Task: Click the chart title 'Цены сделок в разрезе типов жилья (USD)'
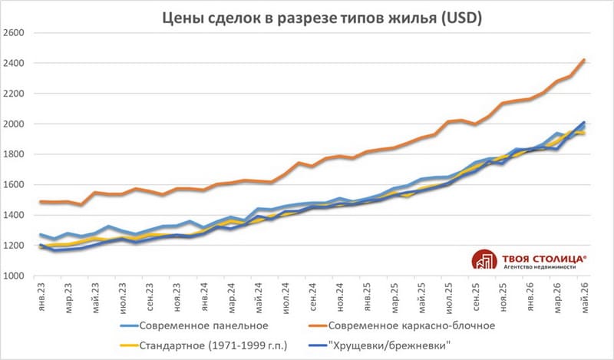tap(322, 18)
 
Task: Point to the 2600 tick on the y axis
tap(13, 32)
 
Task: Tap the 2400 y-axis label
tap(13, 63)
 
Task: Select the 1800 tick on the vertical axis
tap(13, 154)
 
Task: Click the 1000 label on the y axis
tap(13, 276)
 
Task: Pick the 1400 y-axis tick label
tap(13, 215)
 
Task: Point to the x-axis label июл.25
tap(449, 298)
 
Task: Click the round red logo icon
tap(484, 259)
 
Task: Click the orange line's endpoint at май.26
tap(584, 60)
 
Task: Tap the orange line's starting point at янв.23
tap(41, 202)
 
